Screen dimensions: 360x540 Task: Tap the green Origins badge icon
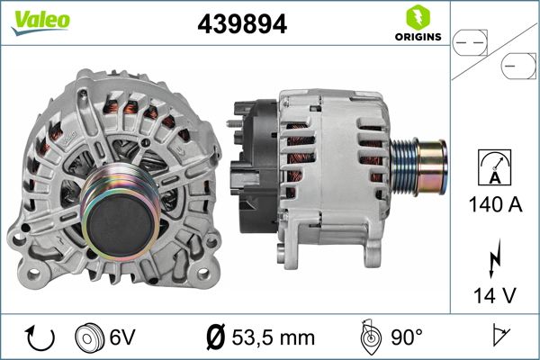point(417,16)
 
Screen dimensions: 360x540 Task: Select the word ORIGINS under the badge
point(417,38)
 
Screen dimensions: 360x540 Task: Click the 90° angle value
point(406,337)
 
